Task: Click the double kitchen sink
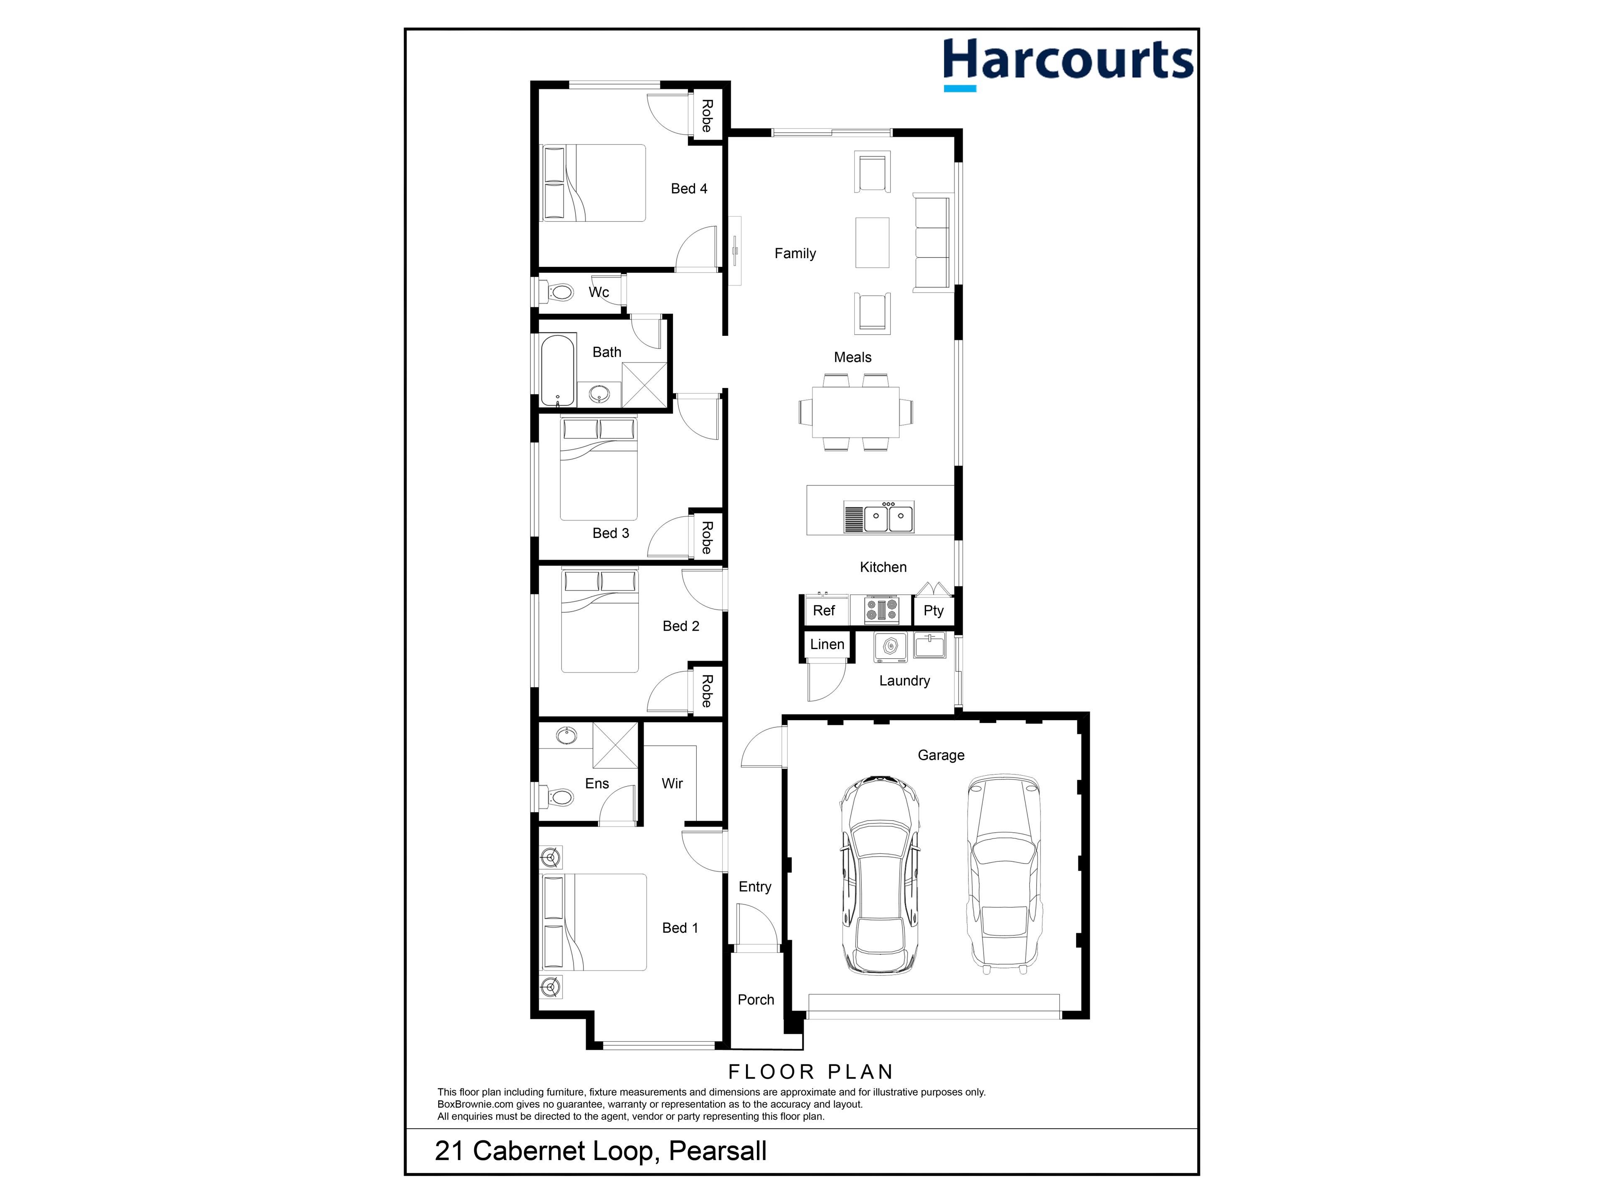pos(879,518)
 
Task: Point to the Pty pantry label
pos(933,611)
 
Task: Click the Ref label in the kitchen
pos(824,611)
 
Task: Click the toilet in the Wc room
pos(557,293)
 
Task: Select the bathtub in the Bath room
pos(558,370)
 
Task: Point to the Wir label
pos(672,783)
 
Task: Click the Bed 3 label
pos(611,533)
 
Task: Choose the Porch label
pos(756,999)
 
